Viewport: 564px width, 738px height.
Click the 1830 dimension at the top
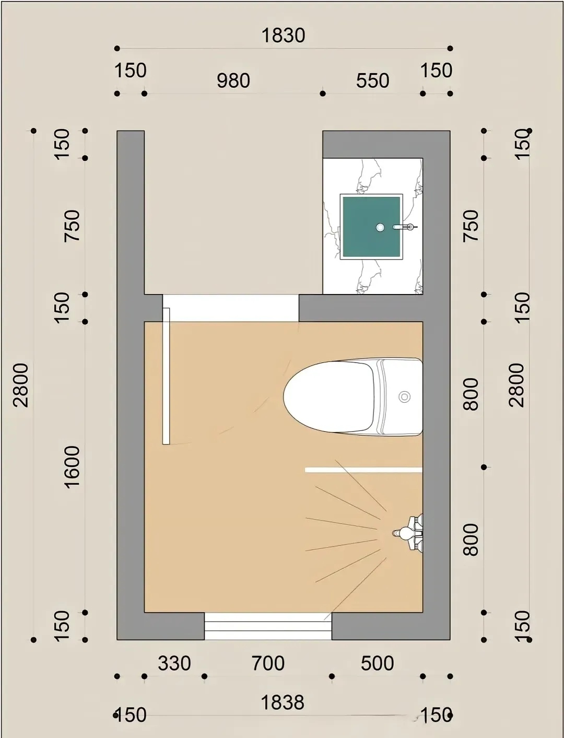click(x=283, y=36)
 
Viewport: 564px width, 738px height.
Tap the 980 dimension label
click(x=233, y=80)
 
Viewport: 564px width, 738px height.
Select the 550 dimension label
click(x=372, y=80)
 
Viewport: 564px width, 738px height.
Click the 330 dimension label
click(x=174, y=663)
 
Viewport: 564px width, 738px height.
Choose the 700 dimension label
click(x=268, y=663)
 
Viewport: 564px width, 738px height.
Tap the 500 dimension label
click(x=377, y=663)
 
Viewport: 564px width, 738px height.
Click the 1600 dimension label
click(x=72, y=467)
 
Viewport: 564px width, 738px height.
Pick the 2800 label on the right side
click(x=516, y=385)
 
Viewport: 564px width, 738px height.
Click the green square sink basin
click(x=371, y=227)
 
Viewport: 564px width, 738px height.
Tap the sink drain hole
click(x=380, y=228)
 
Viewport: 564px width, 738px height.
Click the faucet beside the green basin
click(x=405, y=227)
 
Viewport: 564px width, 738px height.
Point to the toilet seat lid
click(x=328, y=396)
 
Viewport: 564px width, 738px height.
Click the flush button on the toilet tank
click(x=404, y=397)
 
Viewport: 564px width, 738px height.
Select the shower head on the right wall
click(x=408, y=533)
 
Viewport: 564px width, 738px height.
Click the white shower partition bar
click(x=363, y=470)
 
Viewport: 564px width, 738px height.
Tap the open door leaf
click(x=166, y=376)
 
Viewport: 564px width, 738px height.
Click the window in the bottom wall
click(x=268, y=626)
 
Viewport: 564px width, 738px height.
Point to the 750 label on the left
click(x=72, y=226)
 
